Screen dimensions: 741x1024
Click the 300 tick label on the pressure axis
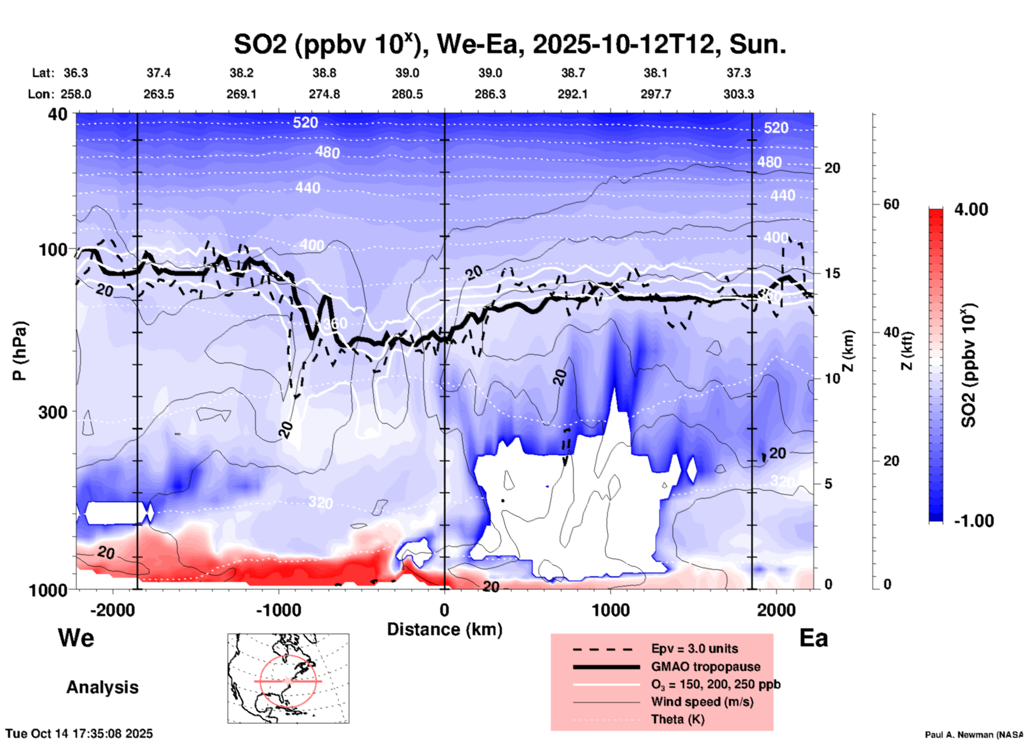click(53, 411)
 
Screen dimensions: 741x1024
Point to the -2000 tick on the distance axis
click(112, 610)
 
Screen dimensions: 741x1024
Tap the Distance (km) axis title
click(444, 629)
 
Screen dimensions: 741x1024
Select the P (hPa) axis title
click(20, 351)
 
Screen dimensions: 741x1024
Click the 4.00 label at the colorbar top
click(971, 209)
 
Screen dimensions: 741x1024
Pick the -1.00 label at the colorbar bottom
click(973, 520)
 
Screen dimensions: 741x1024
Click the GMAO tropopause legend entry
click(706, 667)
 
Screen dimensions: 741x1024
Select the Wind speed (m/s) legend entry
click(702, 702)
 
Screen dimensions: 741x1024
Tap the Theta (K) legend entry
click(677, 719)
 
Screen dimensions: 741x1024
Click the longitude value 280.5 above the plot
click(407, 94)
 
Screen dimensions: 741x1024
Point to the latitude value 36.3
click(75, 73)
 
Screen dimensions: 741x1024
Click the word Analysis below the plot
click(102, 687)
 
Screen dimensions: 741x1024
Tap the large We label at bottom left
click(76, 637)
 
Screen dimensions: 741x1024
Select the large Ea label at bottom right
click(813, 638)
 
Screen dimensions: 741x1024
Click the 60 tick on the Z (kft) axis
click(891, 204)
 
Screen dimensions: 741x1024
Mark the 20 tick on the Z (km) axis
click(832, 168)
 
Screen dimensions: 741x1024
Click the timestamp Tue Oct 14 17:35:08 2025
click(79, 734)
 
